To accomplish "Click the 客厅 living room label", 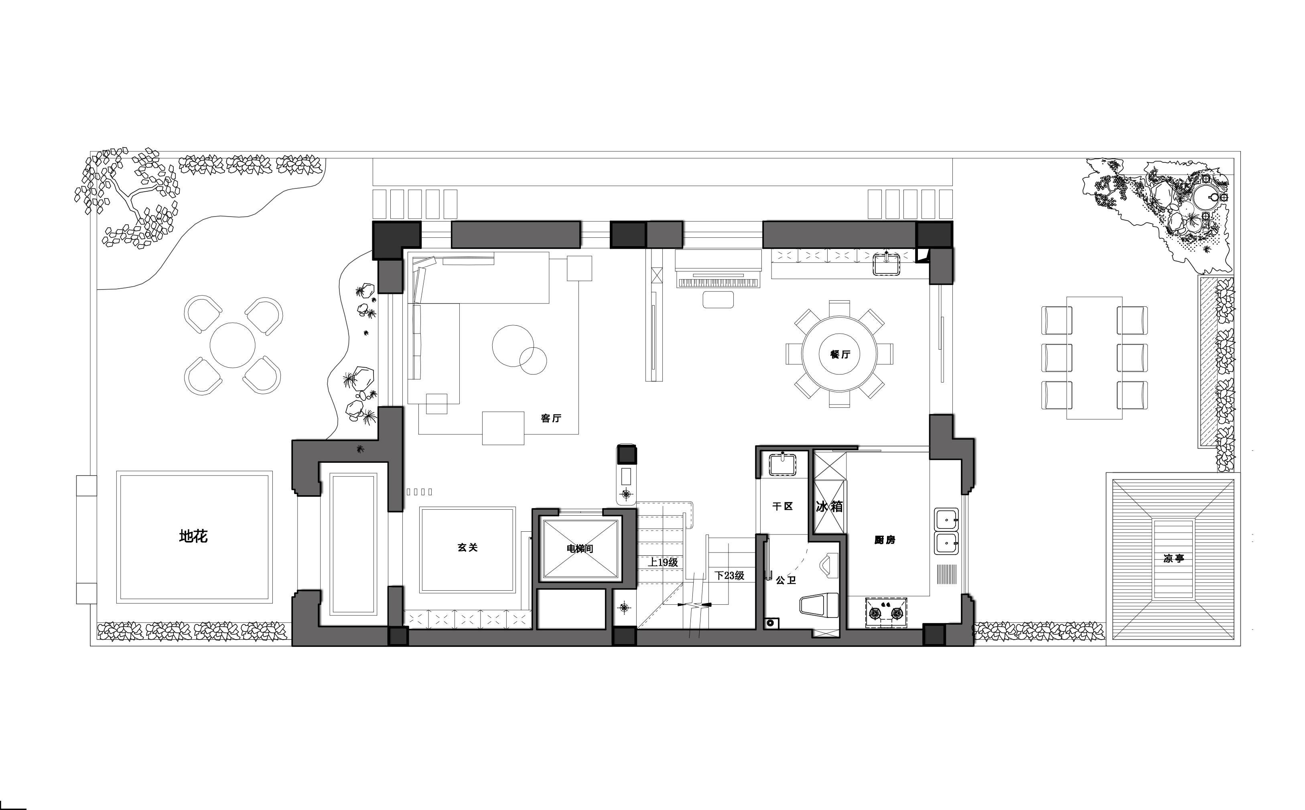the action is (x=551, y=418).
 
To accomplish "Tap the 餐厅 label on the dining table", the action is (x=840, y=354).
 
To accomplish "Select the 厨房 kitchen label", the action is (x=884, y=540).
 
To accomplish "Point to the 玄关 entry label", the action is (x=467, y=547).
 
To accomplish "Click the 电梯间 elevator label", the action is (x=580, y=549).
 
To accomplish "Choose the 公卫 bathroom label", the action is (x=785, y=580).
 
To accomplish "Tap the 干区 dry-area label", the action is (x=782, y=506).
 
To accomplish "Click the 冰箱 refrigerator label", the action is (x=829, y=506).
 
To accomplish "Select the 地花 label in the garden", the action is (x=193, y=536).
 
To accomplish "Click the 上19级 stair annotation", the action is (x=663, y=563).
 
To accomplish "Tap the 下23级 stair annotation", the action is (x=729, y=576).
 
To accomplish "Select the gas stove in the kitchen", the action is (x=885, y=612).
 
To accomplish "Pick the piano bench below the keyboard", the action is (x=718, y=300).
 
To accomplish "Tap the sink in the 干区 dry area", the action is (x=784, y=464).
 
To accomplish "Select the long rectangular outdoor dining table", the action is (x=1094, y=358).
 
